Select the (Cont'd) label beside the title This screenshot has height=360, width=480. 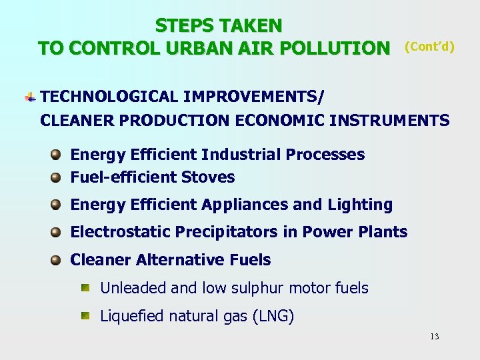pyautogui.click(x=429, y=47)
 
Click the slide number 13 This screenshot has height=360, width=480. pyautogui.click(x=434, y=337)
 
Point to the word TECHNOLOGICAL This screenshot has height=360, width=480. pyautogui.click(x=109, y=97)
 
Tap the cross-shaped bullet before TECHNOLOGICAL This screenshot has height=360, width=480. pyautogui.click(x=30, y=97)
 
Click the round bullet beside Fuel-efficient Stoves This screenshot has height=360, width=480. pyautogui.click(x=57, y=177)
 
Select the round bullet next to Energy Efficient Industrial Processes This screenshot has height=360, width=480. pyautogui.click(x=57, y=155)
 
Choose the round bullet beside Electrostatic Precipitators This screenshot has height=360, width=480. pyautogui.click(x=57, y=232)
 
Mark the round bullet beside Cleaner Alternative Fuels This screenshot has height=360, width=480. pyautogui.click(x=57, y=260)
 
